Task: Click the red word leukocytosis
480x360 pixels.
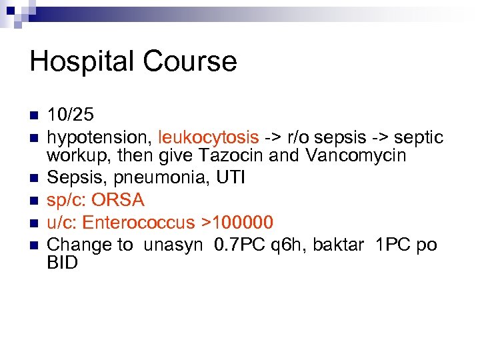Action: click(209, 137)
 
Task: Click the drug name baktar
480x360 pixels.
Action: click(341, 244)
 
